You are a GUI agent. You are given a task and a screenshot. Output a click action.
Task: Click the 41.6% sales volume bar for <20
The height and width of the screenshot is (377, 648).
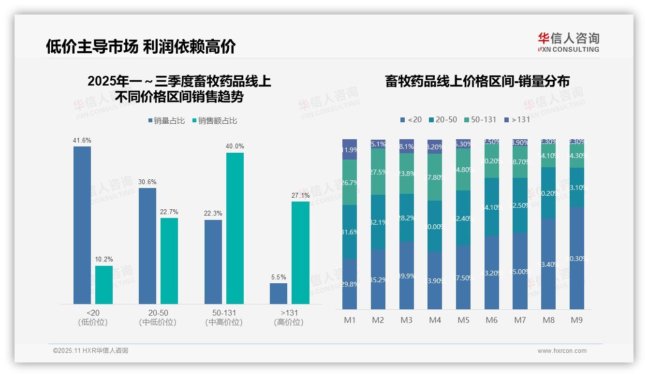(82, 225)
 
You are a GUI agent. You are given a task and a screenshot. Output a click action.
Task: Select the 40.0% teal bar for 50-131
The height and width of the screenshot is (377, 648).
(235, 228)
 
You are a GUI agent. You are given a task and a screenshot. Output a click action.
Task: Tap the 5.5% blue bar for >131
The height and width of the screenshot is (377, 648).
(279, 293)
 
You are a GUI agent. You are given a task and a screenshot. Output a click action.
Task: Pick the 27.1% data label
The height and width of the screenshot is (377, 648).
(301, 196)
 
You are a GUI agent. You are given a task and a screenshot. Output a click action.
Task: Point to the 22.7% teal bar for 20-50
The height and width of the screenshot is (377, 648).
(169, 261)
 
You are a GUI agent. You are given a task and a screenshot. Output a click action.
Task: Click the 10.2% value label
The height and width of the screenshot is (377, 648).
(104, 260)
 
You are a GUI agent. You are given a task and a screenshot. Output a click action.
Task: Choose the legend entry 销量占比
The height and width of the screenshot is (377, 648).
(166, 121)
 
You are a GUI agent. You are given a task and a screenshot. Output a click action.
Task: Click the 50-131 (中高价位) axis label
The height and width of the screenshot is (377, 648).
(224, 318)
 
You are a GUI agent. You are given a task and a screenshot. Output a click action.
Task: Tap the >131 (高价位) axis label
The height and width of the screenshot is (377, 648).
(289, 318)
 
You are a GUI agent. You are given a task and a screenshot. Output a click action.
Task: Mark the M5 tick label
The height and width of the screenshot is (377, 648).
(463, 320)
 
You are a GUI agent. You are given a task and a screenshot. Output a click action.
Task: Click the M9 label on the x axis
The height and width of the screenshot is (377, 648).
(576, 320)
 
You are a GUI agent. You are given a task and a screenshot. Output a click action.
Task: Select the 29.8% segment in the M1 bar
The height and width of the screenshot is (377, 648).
(350, 284)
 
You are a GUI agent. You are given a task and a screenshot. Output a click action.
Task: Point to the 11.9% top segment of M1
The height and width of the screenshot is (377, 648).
(350, 149)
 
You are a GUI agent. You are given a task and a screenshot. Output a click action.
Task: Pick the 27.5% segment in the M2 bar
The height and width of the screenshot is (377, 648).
(378, 172)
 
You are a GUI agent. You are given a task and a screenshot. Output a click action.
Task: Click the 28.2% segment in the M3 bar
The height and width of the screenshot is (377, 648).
(407, 218)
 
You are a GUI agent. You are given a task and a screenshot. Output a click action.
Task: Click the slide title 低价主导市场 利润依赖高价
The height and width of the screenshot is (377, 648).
(141, 47)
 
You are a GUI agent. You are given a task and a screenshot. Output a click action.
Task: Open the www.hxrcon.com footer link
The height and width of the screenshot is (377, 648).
(562, 351)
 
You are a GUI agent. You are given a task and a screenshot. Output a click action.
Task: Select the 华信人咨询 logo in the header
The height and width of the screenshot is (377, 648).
(568, 42)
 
